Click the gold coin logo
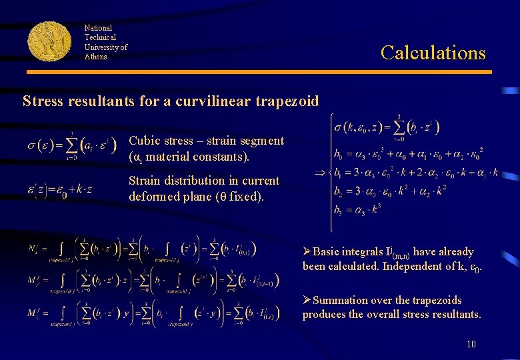click(x=49, y=41)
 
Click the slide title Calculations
click(x=433, y=53)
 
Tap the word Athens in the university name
click(x=95, y=57)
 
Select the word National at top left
click(x=98, y=28)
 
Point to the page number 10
click(x=471, y=344)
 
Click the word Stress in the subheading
click(x=43, y=101)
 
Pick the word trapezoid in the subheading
click(x=285, y=102)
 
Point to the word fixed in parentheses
click(x=245, y=197)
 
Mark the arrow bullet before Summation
click(x=307, y=300)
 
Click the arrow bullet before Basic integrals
click(x=307, y=252)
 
